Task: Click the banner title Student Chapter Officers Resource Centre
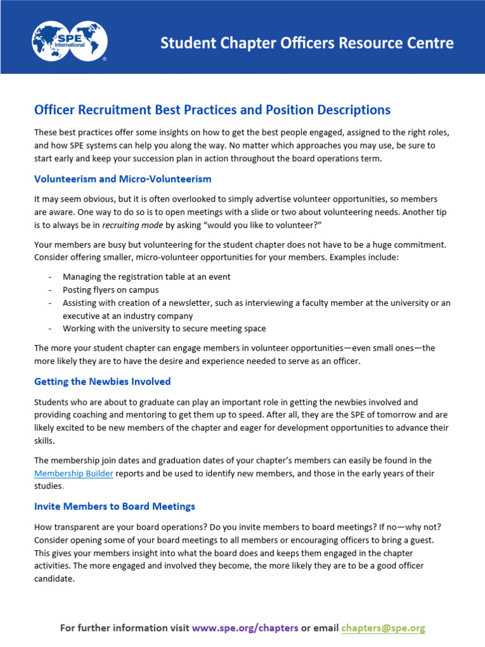click(x=307, y=43)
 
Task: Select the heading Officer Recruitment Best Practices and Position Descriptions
click(x=212, y=110)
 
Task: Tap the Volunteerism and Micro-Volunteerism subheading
click(x=123, y=179)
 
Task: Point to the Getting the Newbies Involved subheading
click(x=102, y=382)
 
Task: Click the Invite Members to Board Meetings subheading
click(x=114, y=506)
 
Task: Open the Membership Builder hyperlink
click(x=74, y=473)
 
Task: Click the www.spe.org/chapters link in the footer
click(x=245, y=628)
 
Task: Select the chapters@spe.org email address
click(x=383, y=628)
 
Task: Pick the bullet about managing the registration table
click(x=147, y=277)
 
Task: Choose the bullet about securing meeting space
click(x=164, y=329)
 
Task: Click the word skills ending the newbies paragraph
click(x=44, y=440)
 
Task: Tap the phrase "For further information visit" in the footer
click(x=124, y=628)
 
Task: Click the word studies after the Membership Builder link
click(x=49, y=486)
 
